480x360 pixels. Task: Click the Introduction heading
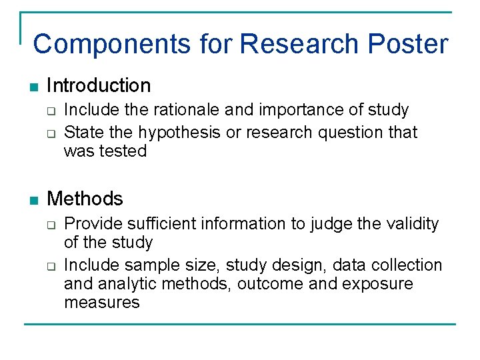pyautogui.click(x=99, y=85)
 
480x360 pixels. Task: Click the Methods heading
pyautogui.click(x=85, y=199)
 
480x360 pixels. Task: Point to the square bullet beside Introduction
pyautogui.click(x=34, y=87)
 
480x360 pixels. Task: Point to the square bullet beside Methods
pyautogui.click(x=34, y=200)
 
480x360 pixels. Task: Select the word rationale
pyautogui.click(x=180, y=110)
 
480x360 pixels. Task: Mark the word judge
pyautogui.click(x=332, y=224)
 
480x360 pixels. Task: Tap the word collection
pyautogui.click(x=407, y=265)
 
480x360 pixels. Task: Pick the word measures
pyautogui.click(x=102, y=303)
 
